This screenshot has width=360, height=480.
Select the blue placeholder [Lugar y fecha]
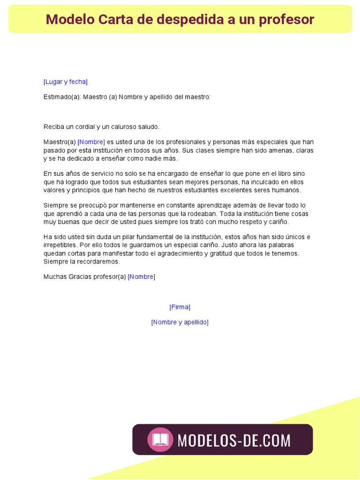tap(65, 82)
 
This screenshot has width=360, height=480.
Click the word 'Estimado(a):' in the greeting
tap(62, 97)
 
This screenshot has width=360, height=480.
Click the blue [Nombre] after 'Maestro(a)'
tap(91, 142)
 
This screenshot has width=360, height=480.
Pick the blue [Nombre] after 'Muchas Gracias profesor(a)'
tap(141, 277)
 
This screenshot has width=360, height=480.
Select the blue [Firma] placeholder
tap(180, 307)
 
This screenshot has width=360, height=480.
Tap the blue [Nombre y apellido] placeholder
tap(180, 322)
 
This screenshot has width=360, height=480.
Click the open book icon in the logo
tap(160, 440)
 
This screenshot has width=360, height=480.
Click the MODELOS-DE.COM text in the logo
tap(234, 440)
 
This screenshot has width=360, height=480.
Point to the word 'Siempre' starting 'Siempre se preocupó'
tap(55, 205)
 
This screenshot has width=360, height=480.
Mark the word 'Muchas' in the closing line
tap(55, 277)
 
